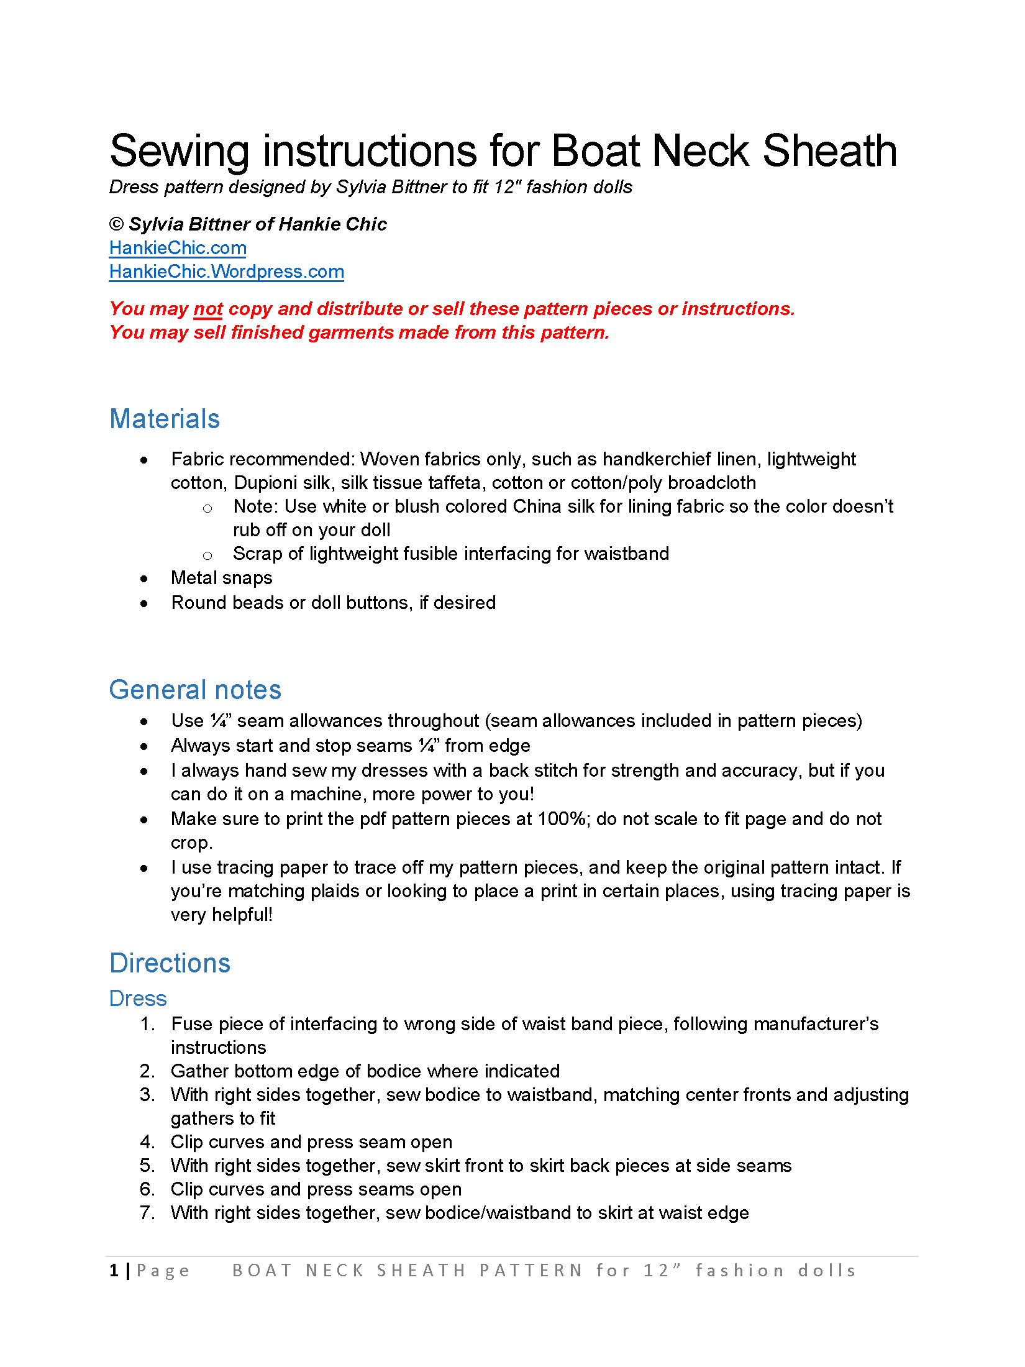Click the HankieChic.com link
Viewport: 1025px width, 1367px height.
coord(178,248)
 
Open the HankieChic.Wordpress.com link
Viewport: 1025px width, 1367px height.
coord(226,272)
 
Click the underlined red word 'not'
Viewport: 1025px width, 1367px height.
coord(208,309)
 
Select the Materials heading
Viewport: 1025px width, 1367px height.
coord(165,419)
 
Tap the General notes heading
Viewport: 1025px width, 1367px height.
coord(195,690)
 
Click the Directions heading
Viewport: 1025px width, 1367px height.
coord(170,963)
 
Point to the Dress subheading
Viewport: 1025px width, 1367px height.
coord(138,999)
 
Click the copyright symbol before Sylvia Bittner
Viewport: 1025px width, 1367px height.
coord(116,224)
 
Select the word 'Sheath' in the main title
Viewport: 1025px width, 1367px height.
coord(829,151)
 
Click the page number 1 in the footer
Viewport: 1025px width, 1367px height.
coord(114,1271)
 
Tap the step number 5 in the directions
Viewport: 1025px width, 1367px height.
coord(147,1166)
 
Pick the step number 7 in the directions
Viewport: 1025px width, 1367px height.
coord(147,1213)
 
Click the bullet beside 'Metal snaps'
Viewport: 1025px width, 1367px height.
coord(144,579)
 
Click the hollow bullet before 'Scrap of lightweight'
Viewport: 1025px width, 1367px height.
coord(207,555)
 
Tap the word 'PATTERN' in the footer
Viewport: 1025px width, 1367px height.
coord(531,1271)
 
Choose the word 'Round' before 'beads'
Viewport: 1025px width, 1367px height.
coord(196,603)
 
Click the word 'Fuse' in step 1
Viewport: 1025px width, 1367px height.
coord(193,1024)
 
